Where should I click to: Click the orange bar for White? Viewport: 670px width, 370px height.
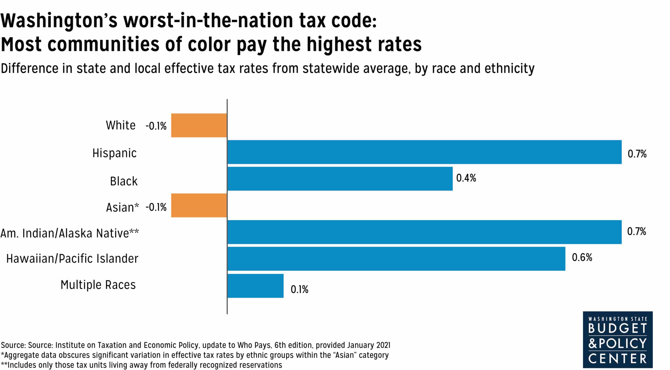tap(199, 125)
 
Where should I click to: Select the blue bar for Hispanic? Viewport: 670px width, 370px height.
tap(424, 152)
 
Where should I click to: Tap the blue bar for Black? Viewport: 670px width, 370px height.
tap(340, 179)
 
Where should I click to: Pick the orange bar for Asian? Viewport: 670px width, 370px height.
tap(199, 205)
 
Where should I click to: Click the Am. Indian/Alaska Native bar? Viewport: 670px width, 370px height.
tap(424, 232)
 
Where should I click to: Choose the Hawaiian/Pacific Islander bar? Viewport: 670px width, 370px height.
tap(396, 259)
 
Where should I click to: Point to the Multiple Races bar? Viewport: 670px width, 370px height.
tap(255, 286)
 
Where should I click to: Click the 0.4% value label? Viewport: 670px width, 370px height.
tap(466, 178)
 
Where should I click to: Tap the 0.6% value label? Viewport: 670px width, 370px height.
tap(582, 257)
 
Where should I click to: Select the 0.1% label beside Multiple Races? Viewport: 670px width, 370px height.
tap(299, 289)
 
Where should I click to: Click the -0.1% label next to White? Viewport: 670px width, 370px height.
tap(156, 126)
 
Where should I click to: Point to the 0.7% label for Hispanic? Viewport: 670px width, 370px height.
tap(637, 154)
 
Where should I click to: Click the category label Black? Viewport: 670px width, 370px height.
tap(124, 181)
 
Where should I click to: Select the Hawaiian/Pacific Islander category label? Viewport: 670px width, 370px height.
tap(72, 259)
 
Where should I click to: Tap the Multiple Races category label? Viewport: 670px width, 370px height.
tap(98, 285)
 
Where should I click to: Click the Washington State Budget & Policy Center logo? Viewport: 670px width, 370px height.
tap(617, 340)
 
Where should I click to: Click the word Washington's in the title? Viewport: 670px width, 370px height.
tap(59, 21)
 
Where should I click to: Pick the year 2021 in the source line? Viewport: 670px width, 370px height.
tap(383, 345)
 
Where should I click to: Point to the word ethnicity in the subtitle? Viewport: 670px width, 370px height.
tap(509, 69)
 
